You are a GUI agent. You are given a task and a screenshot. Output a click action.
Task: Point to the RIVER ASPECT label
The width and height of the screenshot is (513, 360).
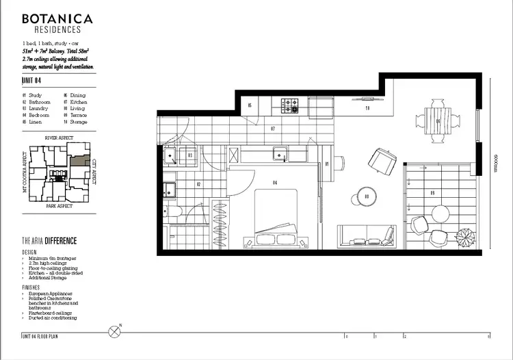pos(58,138)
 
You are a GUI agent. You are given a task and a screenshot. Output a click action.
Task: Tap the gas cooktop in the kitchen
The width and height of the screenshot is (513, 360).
pos(291,105)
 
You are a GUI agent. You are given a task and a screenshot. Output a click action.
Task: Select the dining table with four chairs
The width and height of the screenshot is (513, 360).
pos(438,123)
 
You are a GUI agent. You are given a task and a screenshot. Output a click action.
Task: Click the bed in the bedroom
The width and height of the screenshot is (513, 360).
pos(276,218)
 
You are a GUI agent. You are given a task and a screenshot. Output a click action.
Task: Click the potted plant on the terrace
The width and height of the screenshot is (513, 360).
pos(466,236)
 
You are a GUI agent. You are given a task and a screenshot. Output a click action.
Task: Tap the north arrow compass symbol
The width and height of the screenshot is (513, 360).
pos(114,333)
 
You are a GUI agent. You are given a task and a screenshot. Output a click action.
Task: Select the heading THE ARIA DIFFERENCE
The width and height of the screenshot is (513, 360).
pos(49,242)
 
